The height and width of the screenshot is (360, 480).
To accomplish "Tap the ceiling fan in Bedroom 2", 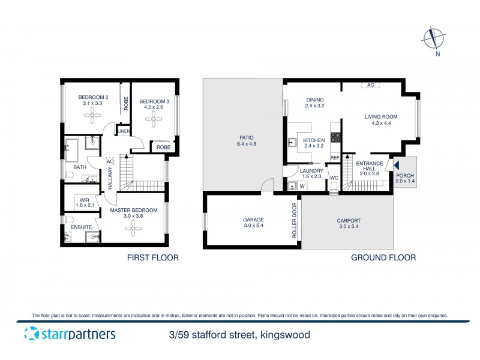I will (x=94, y=119).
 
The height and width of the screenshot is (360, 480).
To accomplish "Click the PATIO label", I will (x=242, y=141).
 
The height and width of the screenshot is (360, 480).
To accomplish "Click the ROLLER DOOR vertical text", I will (x=294, y=220).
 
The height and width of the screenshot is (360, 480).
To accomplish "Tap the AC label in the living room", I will (x=370, y=86).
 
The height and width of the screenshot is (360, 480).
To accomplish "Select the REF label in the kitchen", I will (x=335, y=158).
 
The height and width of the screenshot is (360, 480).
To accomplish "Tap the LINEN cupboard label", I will (x=124, y=131).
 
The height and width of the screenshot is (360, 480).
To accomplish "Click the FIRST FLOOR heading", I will (x=152, y=258).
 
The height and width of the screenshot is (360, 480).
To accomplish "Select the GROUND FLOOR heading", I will (x=383, y=258).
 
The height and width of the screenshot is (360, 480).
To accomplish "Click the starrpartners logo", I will (x=70, y=335).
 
